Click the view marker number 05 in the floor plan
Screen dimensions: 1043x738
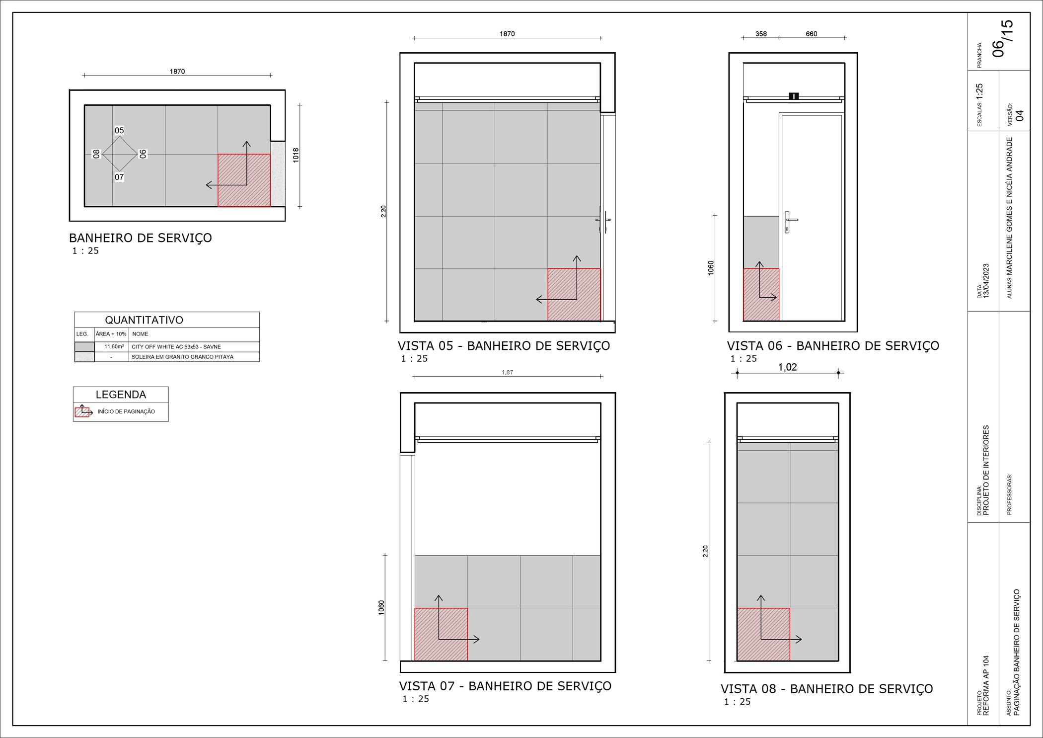click(119, 131)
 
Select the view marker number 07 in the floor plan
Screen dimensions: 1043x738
click(119, 177)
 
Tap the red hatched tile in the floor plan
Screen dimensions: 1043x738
click(244, 180)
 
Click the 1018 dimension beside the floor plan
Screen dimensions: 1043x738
click(296, 155)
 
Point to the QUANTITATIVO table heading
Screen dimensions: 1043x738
click(144, 320)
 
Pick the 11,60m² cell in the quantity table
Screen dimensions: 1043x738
click(114, 346)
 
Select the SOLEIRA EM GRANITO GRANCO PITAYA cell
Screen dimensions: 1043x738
click(182, 357)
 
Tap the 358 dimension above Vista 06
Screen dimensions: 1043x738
click(761, 34)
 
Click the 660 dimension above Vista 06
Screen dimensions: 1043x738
click(811, 34)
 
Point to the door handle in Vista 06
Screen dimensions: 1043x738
click(790, 222)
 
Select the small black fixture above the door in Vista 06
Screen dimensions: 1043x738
click(794, 96)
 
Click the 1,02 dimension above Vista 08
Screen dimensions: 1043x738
click(787, 367)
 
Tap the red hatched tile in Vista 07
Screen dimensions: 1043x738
click(441, 634)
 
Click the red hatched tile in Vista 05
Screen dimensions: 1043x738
click(574, 295)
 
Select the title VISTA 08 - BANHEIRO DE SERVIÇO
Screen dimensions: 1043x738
click(827, 689)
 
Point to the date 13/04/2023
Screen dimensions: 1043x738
click(986, 281)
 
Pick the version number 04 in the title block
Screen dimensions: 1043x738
click(1020, 115)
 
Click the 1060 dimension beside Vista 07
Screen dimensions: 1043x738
click(381, 607)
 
